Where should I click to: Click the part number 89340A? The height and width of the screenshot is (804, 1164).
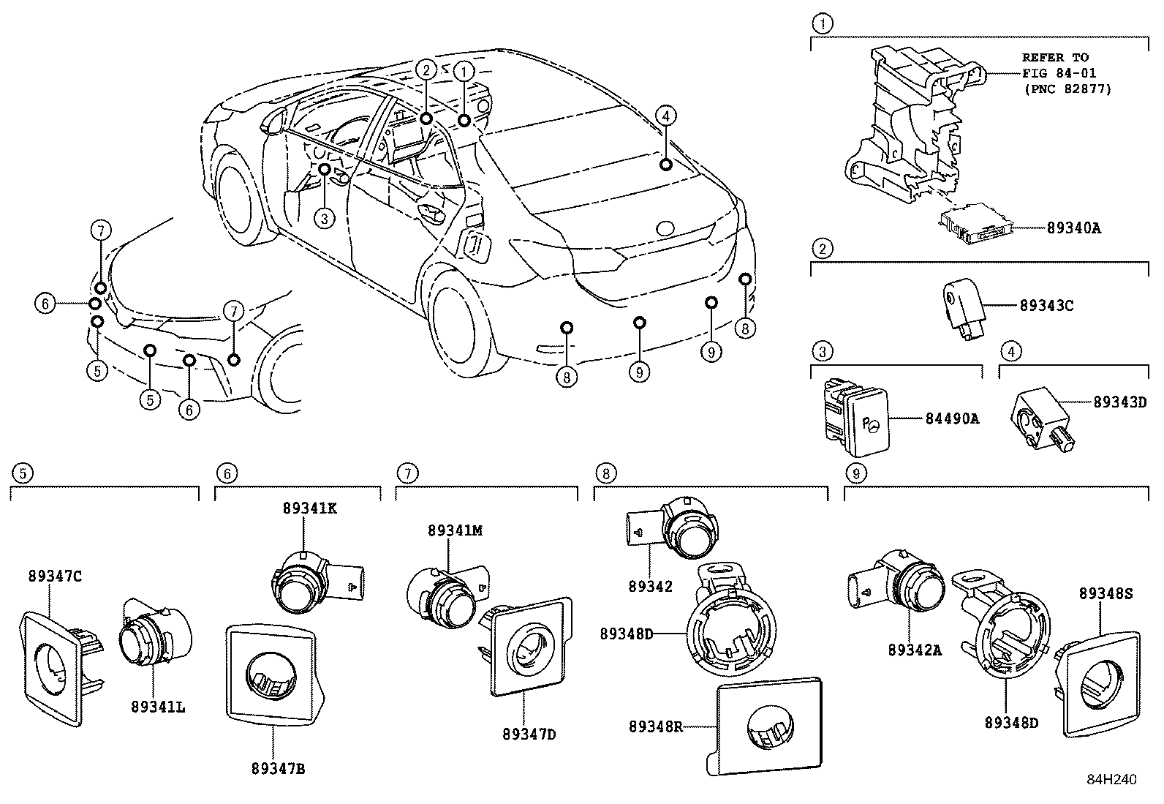1073,228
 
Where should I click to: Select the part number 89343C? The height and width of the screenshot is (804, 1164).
1046,306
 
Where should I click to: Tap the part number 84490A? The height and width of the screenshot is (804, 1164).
952,418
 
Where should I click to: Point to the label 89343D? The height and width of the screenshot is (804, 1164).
1120,402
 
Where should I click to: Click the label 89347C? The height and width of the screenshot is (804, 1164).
55,576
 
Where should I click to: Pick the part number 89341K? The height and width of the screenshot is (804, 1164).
310,508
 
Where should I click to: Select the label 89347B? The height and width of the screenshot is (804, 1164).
279,768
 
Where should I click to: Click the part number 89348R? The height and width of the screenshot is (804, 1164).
655,726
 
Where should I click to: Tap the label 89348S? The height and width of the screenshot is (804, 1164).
1106,594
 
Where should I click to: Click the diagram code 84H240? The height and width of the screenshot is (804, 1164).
1111,780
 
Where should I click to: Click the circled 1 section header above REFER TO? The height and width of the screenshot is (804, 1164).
823,24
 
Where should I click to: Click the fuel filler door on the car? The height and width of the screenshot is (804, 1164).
475,244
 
